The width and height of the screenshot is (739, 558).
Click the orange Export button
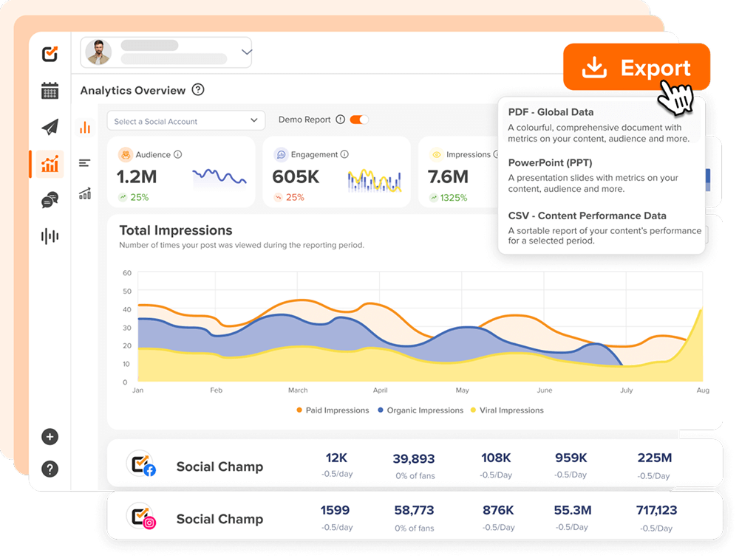636,68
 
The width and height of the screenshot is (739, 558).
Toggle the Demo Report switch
358,120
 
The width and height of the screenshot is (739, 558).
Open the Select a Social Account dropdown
185,121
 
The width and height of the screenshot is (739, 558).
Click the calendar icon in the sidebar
50,91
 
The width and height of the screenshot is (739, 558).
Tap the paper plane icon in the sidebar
50,127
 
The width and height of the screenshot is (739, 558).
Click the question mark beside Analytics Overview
197,90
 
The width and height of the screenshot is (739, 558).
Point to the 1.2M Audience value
137,177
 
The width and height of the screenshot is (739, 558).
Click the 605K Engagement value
296,177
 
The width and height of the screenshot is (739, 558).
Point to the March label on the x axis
298,390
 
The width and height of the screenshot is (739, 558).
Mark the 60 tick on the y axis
126,273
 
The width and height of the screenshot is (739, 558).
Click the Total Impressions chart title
176,230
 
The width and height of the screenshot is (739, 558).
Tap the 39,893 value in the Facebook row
414,459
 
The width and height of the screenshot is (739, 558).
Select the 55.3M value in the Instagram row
572,510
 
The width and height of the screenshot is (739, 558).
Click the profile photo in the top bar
99,52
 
